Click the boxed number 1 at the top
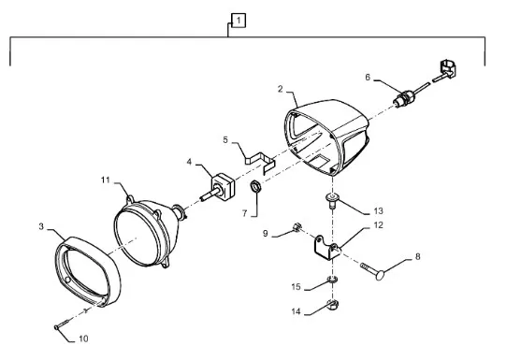coord(239,21)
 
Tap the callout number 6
coord(368,78)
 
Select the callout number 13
coord(378,211)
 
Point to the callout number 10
coord(83,338)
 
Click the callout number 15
coord(296,286)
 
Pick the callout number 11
coord(106,180)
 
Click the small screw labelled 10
coord(63,324)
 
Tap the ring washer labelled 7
coord(256,187)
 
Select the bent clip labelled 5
coord(260,163)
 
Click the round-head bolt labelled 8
coord(372,271)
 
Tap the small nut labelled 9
coord(296,227)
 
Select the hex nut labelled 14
coord(332,304)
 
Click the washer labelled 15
coord(332,280)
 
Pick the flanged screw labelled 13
coord(332,200)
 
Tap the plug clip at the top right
coord(448,68)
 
